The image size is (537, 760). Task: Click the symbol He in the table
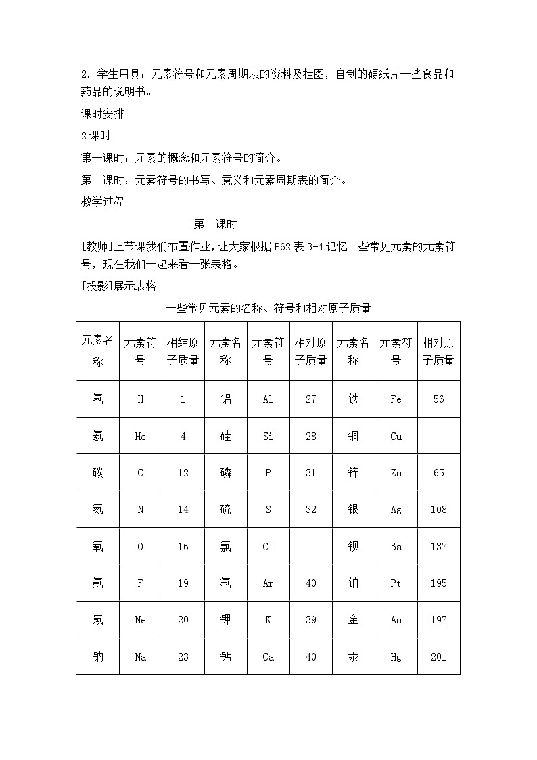[x=141, y=437]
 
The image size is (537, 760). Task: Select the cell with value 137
[x=438, y=546]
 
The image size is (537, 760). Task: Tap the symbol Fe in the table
[x=396, y=399]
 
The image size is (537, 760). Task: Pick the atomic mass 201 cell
[x=438, y=656]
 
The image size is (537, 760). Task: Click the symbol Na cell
[x=141, y=656]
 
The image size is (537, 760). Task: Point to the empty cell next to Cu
[x=438, y=437]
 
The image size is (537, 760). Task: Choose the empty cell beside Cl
[x=310, y=546]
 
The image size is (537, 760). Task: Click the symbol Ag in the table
[x=396, y=510]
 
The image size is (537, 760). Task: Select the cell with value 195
[x=438, y=583]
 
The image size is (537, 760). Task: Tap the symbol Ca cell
[x=268, y=656]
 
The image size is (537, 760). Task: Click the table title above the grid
[x=268, y=309]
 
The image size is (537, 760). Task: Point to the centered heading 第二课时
[x=214, y=224]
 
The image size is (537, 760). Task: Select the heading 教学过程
[x=102, y=202]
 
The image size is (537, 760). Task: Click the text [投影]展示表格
[x=118, y=286]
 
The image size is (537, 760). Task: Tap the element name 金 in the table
[x=353, y=619]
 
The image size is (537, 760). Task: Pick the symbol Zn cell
[x=396, y=473]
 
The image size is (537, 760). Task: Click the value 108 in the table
[x=438, y=510]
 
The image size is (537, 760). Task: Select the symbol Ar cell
[x=268, y=583]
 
